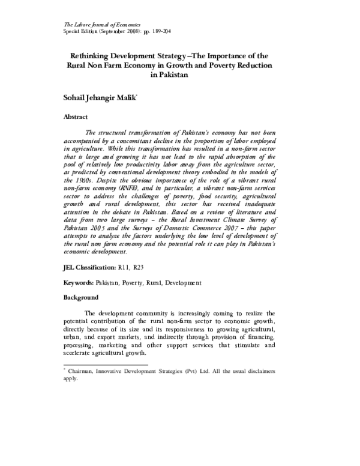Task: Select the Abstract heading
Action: point(76,117)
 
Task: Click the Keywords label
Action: point(79,298)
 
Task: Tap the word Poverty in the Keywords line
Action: point(130,298)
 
